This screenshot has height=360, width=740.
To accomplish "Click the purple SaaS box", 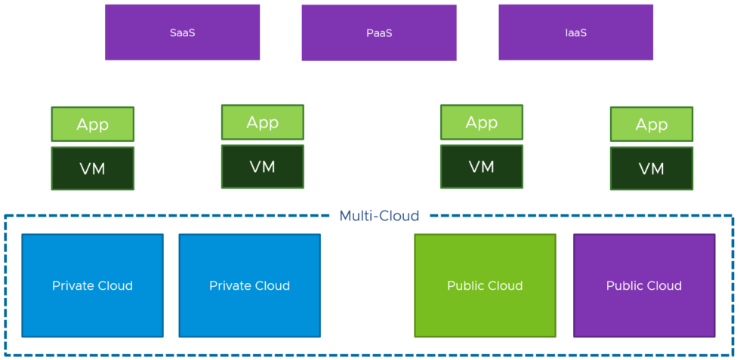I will point(182,32).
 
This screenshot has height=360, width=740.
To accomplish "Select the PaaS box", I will point(378,33).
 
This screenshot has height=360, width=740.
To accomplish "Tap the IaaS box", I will point(575,32).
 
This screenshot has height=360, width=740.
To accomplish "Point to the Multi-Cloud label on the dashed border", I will point(379,216).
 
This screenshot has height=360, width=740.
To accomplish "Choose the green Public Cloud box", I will point(485,285).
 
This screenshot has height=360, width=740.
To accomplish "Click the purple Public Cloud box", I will point(643,285).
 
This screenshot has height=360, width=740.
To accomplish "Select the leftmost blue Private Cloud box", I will point(92,285).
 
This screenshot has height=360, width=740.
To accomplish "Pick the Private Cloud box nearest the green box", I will point(249,285).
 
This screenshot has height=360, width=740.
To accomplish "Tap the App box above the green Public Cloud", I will point(481,122).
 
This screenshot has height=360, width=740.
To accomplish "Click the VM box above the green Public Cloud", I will point(481,167).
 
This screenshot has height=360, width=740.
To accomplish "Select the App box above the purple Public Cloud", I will point(651,125).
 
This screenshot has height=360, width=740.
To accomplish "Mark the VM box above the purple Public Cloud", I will point(651,169).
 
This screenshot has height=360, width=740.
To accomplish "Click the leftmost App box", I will point(92,125).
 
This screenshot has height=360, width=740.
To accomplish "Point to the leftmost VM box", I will point(92,169).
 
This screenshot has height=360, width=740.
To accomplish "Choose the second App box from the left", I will point(262,122).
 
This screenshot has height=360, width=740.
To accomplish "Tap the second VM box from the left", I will point(262,167).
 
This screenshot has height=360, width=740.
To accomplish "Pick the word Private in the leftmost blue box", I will point(72,285).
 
